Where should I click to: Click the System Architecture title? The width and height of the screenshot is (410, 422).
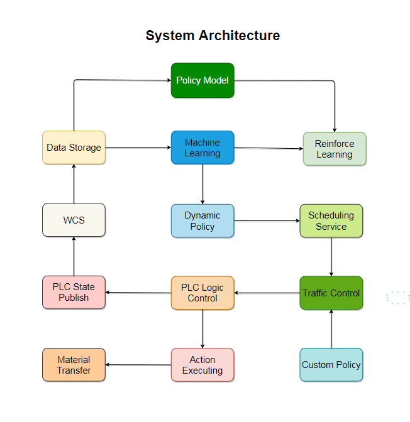213,36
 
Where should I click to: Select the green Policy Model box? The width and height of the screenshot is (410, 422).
202,80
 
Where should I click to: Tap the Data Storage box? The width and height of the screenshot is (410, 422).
74,148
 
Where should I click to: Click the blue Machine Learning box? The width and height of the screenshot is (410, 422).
202,148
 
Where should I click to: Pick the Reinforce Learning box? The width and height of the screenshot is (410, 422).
334,149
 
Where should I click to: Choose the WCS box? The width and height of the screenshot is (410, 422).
74,220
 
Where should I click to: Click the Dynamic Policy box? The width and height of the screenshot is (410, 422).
202,220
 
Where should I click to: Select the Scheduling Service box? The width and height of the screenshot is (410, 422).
331,220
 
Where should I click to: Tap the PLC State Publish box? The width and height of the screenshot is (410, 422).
74,293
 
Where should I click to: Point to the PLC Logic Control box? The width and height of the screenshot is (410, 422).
202,293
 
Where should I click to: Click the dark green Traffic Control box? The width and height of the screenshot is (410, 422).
331,293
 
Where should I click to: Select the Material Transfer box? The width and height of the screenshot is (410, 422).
74,365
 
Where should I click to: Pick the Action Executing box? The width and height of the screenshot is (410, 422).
202,365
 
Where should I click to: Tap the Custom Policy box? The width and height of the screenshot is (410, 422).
331,365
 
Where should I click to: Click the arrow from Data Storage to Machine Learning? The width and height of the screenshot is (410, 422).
138,148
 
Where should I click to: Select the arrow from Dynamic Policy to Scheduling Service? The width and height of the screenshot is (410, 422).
267,221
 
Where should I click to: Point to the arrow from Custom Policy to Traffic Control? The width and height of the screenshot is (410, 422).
331,329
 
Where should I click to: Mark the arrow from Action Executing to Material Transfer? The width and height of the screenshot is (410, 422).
138,365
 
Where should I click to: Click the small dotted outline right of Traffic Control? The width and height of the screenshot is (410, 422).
398,298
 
